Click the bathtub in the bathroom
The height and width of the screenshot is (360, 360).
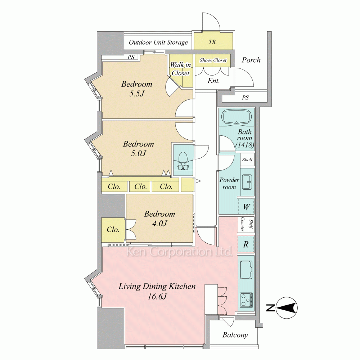click(x=237, y=117)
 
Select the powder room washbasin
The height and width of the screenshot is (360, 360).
click(x=247, y=182)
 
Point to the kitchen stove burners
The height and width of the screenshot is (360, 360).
click(x=247, y=300)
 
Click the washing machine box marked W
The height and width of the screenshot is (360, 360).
click(x=246, y=206)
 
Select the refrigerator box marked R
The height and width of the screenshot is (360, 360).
click(x=246, y=244)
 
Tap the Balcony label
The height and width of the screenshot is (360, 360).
click(x=235, y=335)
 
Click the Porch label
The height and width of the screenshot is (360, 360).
click(x=251, y=60)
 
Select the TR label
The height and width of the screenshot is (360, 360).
click(x=212, y=42)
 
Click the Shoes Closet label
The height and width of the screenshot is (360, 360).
click(x=213, y=60)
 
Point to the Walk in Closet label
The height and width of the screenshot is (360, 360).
click(x=181, y=69)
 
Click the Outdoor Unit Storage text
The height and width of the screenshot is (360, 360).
click(x=158, y=42)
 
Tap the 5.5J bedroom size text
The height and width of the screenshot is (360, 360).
click(x=137, y=94)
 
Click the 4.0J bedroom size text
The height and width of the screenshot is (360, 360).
click(x=159, y=223)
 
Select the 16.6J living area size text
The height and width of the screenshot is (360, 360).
click(x=157, y=296)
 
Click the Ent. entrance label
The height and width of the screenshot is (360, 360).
click(x=213, y=81)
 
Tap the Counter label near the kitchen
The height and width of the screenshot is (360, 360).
click(x=242, y=224)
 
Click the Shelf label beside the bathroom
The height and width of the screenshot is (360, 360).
click(x=248, y=159)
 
